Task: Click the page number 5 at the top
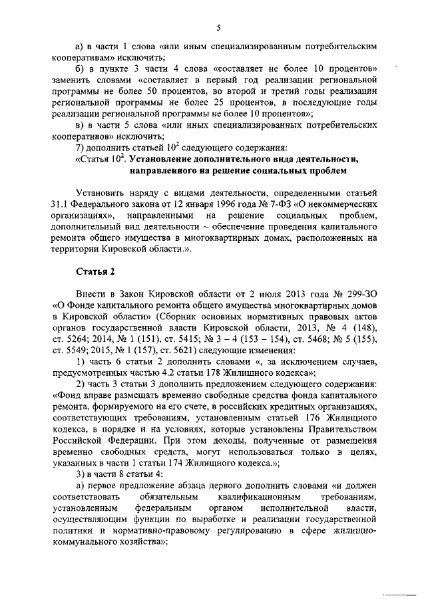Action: point(218,27)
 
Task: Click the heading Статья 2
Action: point(94,272)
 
